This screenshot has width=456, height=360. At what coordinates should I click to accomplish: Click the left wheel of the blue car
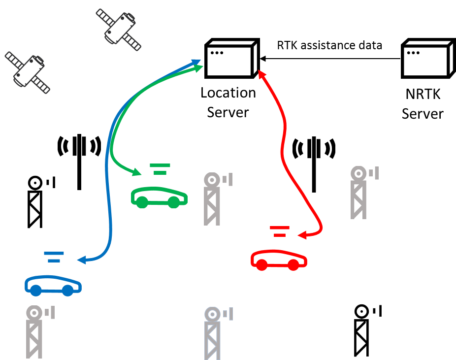pos(35,291)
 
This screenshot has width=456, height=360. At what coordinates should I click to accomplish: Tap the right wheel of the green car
pos(174,202)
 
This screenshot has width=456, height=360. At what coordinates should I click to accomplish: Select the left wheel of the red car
pos(261,265)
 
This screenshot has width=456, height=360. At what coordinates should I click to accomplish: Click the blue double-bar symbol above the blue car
pos(54,257)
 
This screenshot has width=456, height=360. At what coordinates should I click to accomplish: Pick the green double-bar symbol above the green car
pos(160,169)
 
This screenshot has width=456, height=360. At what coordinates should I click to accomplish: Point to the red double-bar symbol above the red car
pos(280,231)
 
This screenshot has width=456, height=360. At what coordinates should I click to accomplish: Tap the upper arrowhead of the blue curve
pos(196,62)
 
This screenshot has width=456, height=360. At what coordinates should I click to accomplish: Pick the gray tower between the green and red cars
pos(213,199)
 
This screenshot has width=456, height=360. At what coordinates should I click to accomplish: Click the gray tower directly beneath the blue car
pos(35,332)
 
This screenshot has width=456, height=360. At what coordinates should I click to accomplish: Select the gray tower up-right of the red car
pos(360,193)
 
